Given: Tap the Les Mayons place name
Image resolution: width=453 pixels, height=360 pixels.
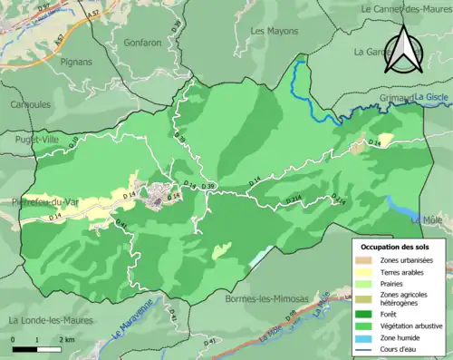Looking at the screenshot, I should tap(273, 30).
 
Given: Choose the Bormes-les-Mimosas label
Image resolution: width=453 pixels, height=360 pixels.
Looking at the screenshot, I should tap(267, 298).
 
